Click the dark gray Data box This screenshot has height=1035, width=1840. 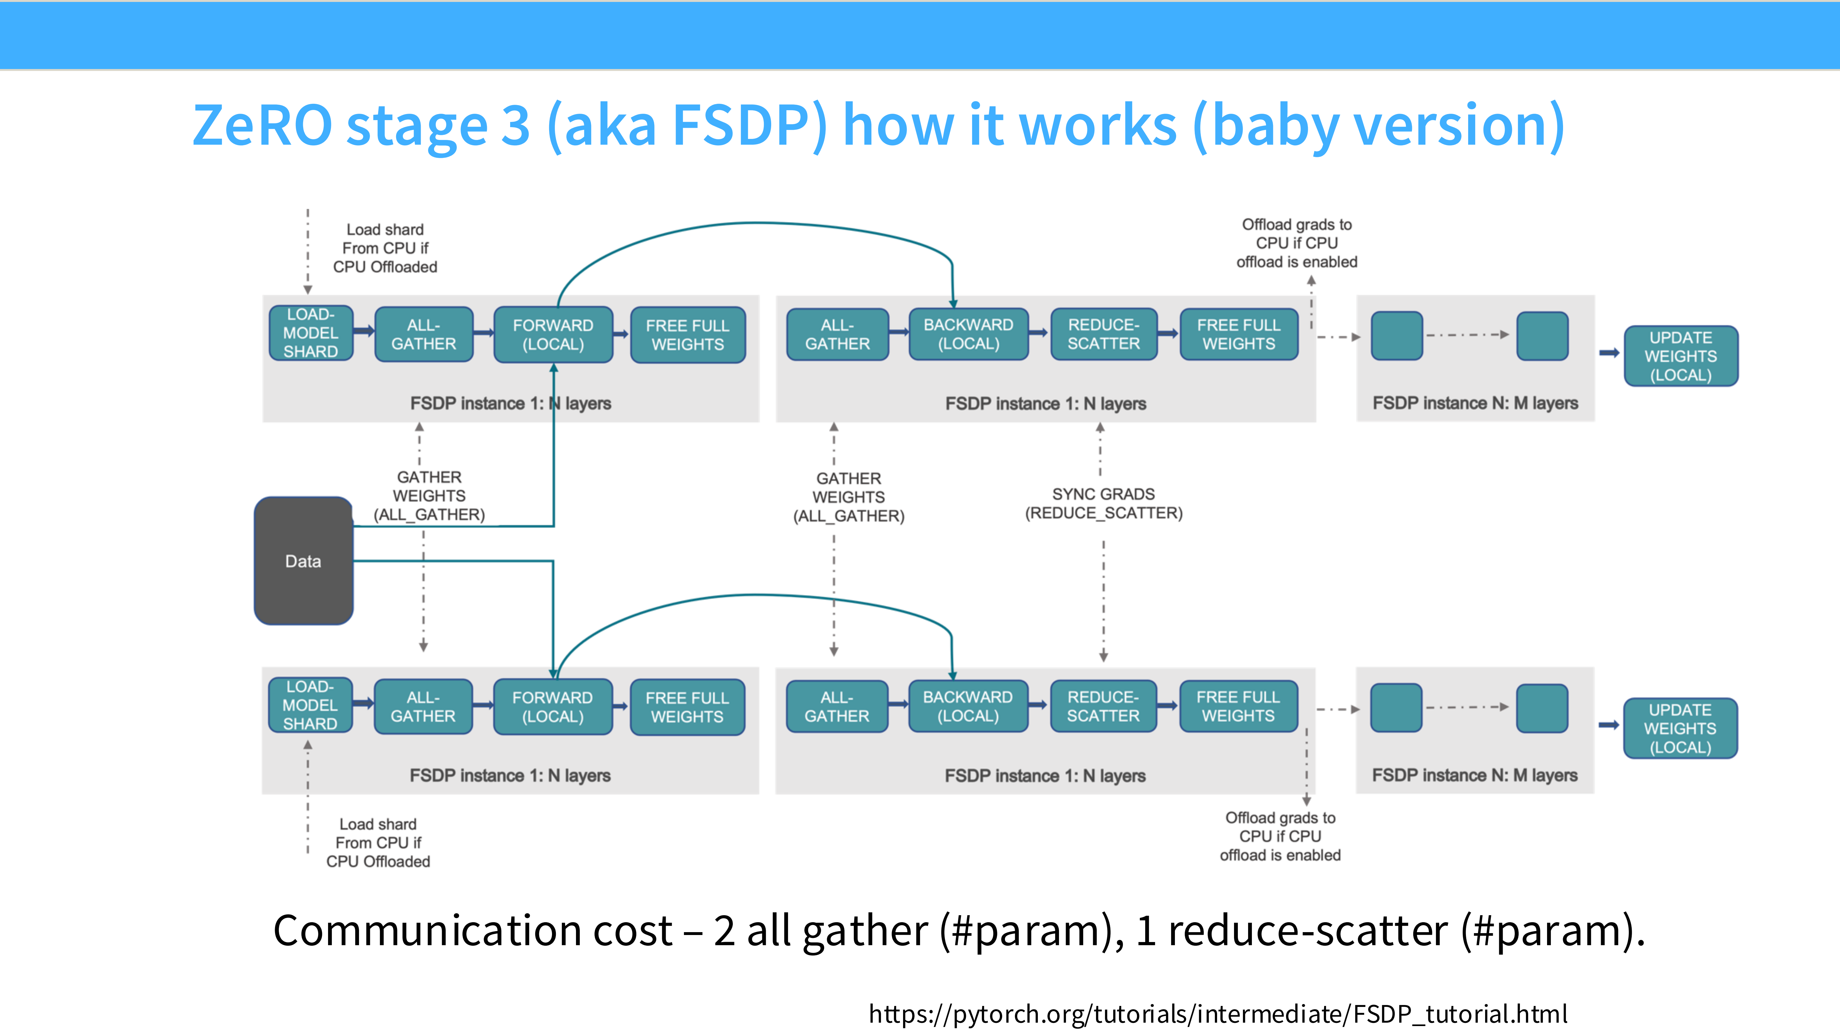click(303, 561)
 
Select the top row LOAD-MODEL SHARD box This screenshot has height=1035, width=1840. click(311, 333)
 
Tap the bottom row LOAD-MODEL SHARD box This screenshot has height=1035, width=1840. click(310, 705)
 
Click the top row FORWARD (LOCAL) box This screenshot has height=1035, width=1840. click(553, 334)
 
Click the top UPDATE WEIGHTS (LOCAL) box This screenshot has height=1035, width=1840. click(1681, 356)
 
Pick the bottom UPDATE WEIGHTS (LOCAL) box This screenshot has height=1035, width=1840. click(1680, 728)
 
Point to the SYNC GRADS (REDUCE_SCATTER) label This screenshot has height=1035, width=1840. click(1104, 503)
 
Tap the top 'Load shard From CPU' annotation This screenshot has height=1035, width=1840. click(385, 248)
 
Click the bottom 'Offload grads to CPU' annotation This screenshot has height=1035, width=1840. click(1280, 836)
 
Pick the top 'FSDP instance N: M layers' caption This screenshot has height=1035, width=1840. click(1475, 403)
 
